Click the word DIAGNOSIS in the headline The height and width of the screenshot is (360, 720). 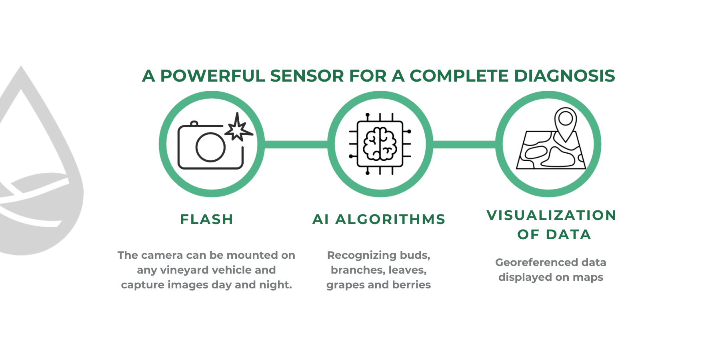tap(564, 76)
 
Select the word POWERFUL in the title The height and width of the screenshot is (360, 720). tap(213, 76)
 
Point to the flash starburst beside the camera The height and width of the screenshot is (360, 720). tap(239, 127)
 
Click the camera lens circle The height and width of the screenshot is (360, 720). tap(210, 147)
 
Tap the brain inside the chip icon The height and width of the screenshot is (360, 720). tap(380, 144)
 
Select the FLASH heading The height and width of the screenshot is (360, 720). tap(207, 219)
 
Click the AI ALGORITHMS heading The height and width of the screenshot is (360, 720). tap(379, 219)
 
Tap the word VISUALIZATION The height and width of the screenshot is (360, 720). tap(552, 215)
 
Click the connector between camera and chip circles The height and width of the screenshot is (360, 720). tap(296, 144)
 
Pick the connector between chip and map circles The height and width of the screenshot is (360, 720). tap(464, 144)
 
